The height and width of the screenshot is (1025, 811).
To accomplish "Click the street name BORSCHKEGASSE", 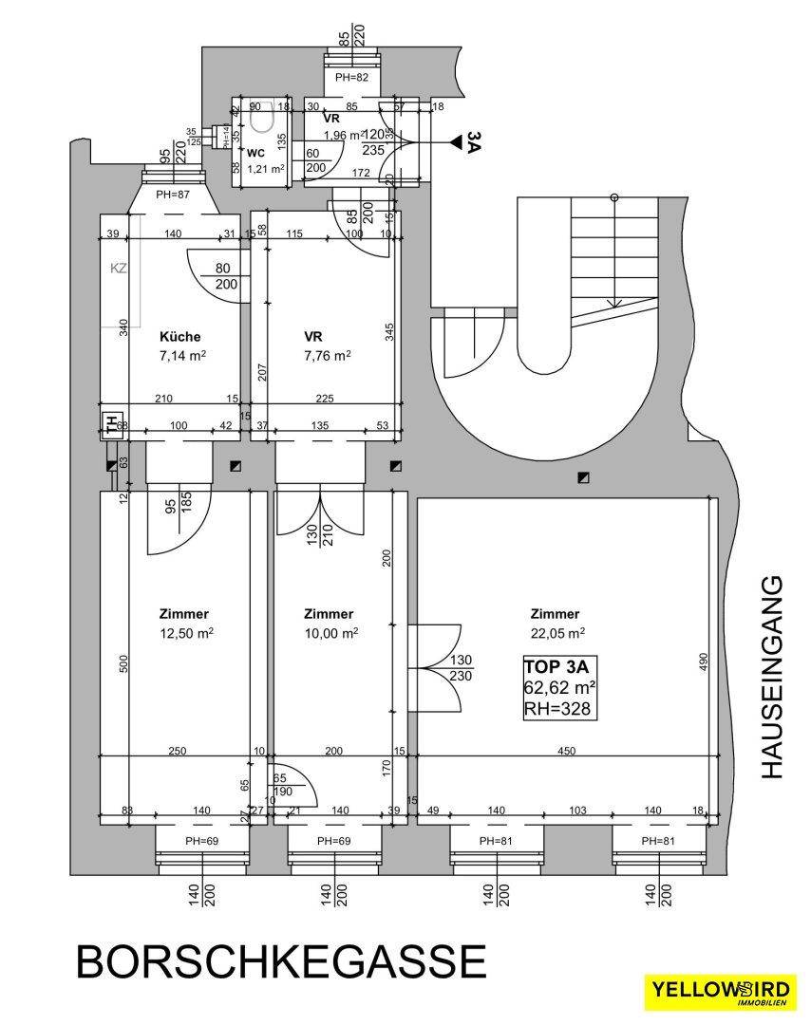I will click(x=280, y=960).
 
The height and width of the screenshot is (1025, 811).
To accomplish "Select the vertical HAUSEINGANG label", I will click(x=774, y=677).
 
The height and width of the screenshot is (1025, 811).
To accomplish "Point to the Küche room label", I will click(x=179, y=336).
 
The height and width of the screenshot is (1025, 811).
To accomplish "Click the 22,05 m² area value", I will click(x=556, y=633).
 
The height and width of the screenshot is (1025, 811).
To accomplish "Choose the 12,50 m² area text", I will click(x=185, y=633).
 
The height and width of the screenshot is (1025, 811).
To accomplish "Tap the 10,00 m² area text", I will click(x=330, y=633).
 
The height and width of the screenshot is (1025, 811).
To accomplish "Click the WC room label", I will click(x=255, y=153).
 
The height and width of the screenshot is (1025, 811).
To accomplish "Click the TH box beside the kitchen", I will click(x=110, y=424).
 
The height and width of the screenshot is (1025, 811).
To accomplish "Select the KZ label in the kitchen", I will click(x=119, y=269).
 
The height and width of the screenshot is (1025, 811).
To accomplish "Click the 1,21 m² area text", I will click(x=266, y=169).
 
